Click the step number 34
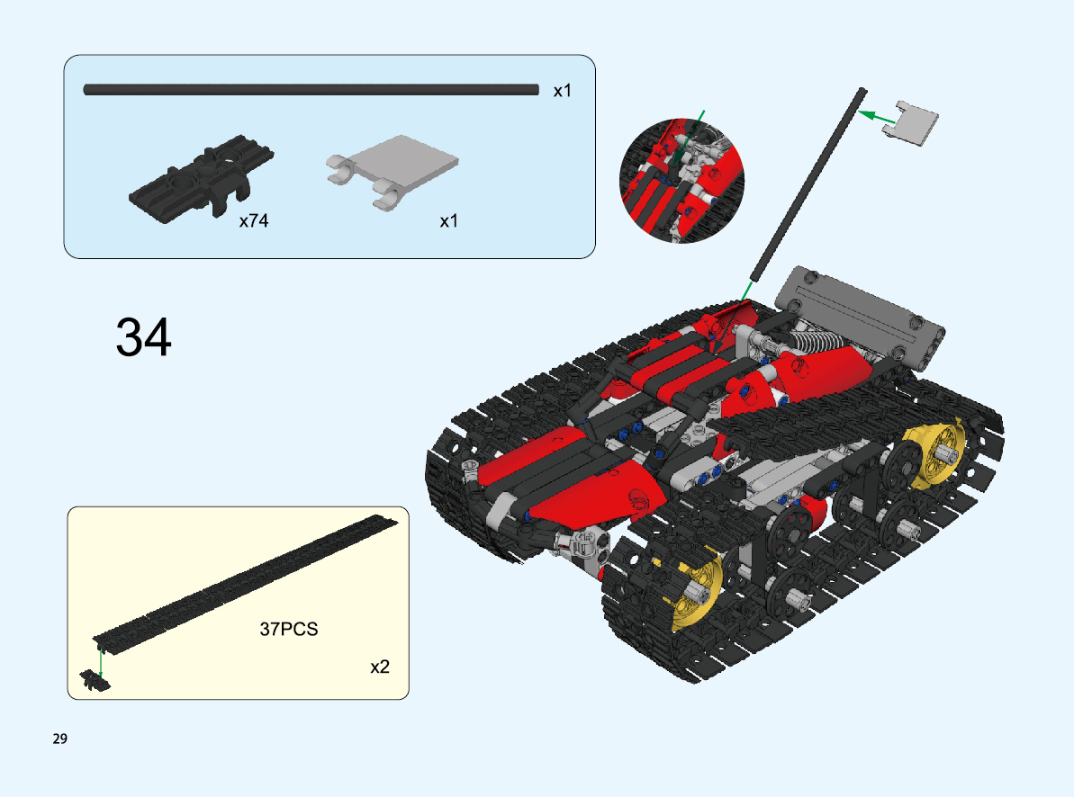[144, 336]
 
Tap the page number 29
[60, 739]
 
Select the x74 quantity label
[254, 220]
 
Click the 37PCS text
[289, 630]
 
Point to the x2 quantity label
[380, 667]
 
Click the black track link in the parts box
[201, 178]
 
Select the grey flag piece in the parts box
[393, 171]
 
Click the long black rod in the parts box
[311, 90]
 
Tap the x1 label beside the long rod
[563, 90]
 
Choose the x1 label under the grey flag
[448, 221]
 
